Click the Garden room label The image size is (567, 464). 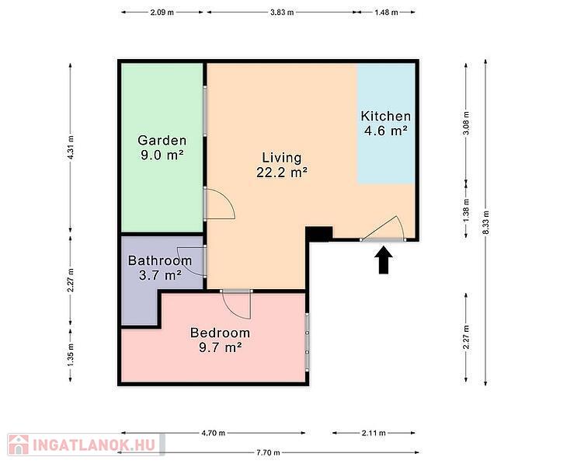(x=162, y=148)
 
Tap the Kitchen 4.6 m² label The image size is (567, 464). (x=386, y=123)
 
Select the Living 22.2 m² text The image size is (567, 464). (x=282, y=165)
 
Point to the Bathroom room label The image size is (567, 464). (x=160, y=268)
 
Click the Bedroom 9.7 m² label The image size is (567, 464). (x=221, y=340)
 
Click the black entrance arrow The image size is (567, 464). (x=383, y=260)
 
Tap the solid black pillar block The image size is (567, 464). (x=319, y=234)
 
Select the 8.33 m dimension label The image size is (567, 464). (x=485, y=222)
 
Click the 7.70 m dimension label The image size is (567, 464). (x=268, y=452)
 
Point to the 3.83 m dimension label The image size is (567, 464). (x=282, y=12)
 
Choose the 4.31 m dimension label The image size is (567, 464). (x=71, y=148)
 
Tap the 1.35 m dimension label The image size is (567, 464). (x=71, y=354)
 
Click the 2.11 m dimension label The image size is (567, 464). (x=374, y=433)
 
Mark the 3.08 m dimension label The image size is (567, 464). (x=467, y=123)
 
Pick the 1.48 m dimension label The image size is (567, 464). (x=386, y=12)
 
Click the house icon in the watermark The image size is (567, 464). (x=19, y=445)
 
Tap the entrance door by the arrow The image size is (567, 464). (x=383, y=229)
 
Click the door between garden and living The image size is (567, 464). (x=220, y=204)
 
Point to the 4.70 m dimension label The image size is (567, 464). (x=214, y=433)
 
